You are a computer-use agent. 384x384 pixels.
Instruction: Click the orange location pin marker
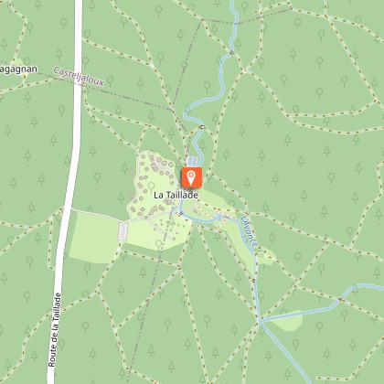pyautogui.click(x=192, y=176)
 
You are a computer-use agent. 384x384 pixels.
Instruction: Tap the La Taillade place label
pyautogui.click(x=176, y=195)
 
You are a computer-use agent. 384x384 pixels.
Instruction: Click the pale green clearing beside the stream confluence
pyautogui.click(x=285, y=320)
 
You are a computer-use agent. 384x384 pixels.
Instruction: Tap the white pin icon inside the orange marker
pyautogui.click(x=192, y=174)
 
